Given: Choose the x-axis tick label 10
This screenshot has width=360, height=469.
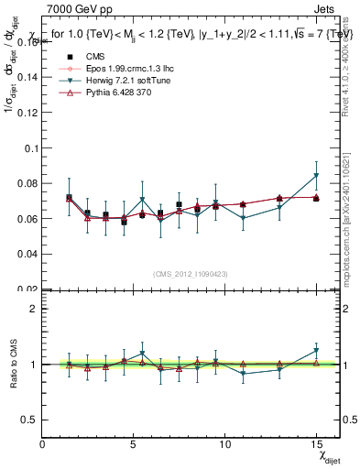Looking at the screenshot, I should coord(224,443).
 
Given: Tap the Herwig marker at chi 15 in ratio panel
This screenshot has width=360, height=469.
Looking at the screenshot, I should coord(316,350).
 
